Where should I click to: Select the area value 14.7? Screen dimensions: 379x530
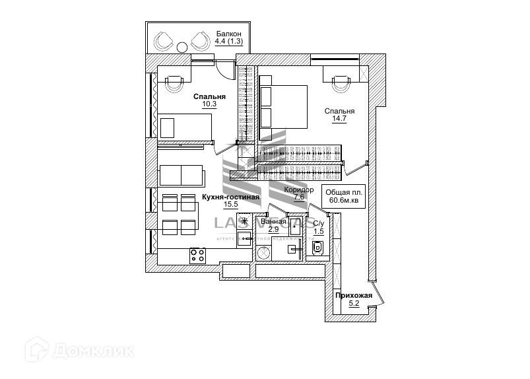coord(340,120)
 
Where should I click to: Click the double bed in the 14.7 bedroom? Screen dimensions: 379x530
coord(283,106)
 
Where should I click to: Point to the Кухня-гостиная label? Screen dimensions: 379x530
coord(230,197)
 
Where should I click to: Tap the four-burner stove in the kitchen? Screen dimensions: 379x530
coord(197,255)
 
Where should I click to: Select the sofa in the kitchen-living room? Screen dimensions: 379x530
coord(182,176)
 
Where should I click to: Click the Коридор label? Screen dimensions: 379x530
coord(299,189)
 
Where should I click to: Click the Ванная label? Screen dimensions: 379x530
coord(274,222)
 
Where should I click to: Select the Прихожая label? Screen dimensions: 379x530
coord(354,295)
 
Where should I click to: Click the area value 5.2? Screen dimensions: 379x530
coord(354,304)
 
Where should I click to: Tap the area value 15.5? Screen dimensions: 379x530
coord(230,205)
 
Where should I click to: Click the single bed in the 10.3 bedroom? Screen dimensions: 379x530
coord(185,126)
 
